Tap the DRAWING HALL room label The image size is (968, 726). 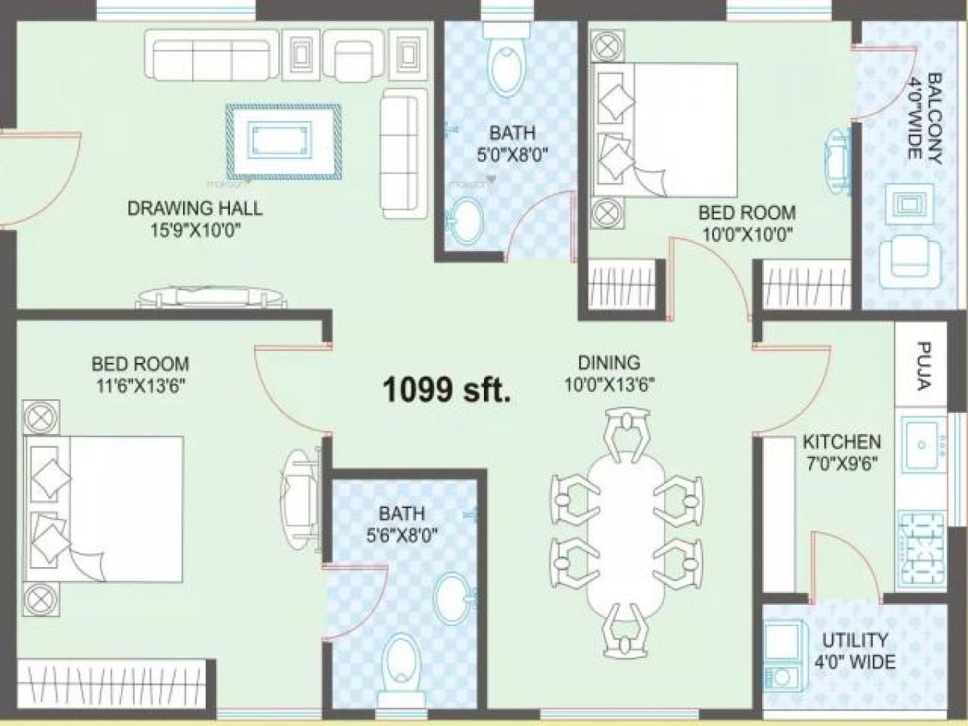[194, 209]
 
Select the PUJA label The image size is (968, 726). [924, 365]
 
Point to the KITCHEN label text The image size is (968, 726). [841, 442]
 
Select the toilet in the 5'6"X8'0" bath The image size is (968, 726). [401, 661]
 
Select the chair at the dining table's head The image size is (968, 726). [627, 428]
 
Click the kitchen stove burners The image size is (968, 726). [920, 538]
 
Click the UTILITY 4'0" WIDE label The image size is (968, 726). [856, 652]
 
